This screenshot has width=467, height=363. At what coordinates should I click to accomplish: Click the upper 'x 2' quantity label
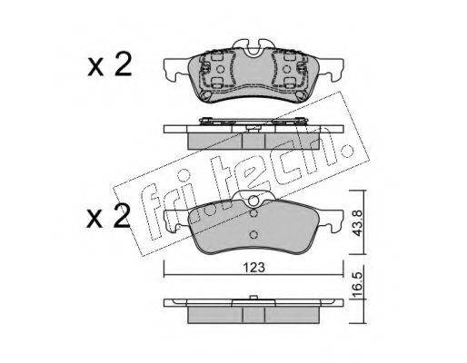pos(110,64)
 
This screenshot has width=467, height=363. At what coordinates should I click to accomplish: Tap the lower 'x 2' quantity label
pos(108,216)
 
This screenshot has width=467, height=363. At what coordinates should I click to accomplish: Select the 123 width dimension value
pos(253,268)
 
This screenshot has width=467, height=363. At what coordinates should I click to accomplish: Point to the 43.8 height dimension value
pos(358,223)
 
